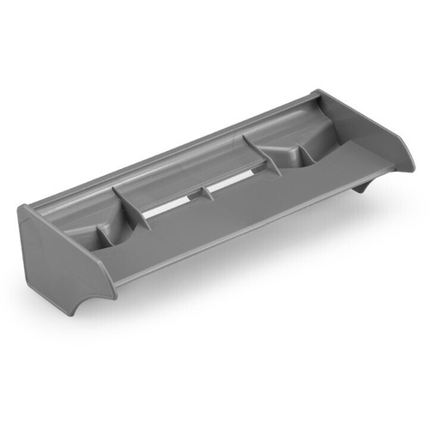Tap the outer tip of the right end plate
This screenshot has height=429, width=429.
click(x=411, y=163)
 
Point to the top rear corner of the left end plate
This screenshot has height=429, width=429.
click(x=23, y=207)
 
